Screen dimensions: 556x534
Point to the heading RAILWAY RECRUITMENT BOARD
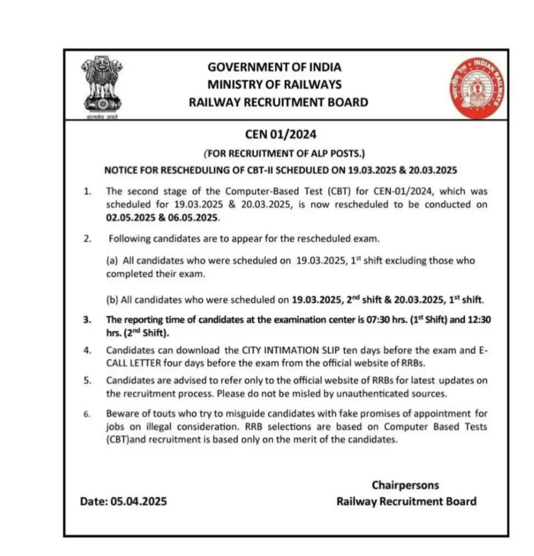click(x=278, y=102)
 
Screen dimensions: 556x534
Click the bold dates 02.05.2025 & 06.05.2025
click(x=162, y=217)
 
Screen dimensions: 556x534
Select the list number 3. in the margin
click(x=87, y=320)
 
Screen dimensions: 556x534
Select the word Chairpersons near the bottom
click(x=405, y=485)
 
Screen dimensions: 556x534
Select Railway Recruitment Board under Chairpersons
click(x=406, y=502)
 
